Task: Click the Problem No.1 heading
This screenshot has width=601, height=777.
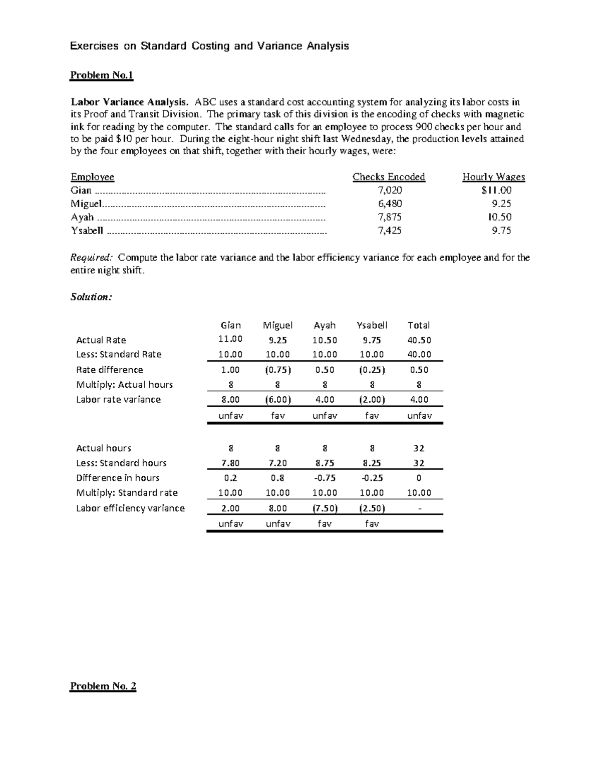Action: (102, 76)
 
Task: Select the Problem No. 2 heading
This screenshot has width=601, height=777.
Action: (103, 686)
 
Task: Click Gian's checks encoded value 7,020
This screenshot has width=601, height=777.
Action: (389, 190)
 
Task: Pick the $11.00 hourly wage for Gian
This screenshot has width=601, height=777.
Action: (496, 190)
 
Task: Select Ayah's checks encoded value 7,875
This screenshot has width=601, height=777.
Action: (389, 217)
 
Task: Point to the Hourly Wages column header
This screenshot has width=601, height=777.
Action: (493, 177)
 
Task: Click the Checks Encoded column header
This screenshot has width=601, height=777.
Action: (389, 177)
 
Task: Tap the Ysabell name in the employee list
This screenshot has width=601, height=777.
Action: (87, 231)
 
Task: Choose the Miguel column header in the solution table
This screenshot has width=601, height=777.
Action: (277, 325)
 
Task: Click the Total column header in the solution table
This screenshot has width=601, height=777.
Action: (419, 325)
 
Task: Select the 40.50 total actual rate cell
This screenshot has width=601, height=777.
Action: (419, 340)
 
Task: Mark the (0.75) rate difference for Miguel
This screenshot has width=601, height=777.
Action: (277, 370)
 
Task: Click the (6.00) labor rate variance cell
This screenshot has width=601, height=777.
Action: (277, 400)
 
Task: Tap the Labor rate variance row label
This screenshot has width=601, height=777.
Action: (118, 400)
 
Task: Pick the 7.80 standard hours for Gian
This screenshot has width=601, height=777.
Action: (230, 463)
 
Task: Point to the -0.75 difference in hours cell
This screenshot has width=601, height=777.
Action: (325, 478)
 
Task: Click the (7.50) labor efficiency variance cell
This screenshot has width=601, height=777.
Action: (325, 508)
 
